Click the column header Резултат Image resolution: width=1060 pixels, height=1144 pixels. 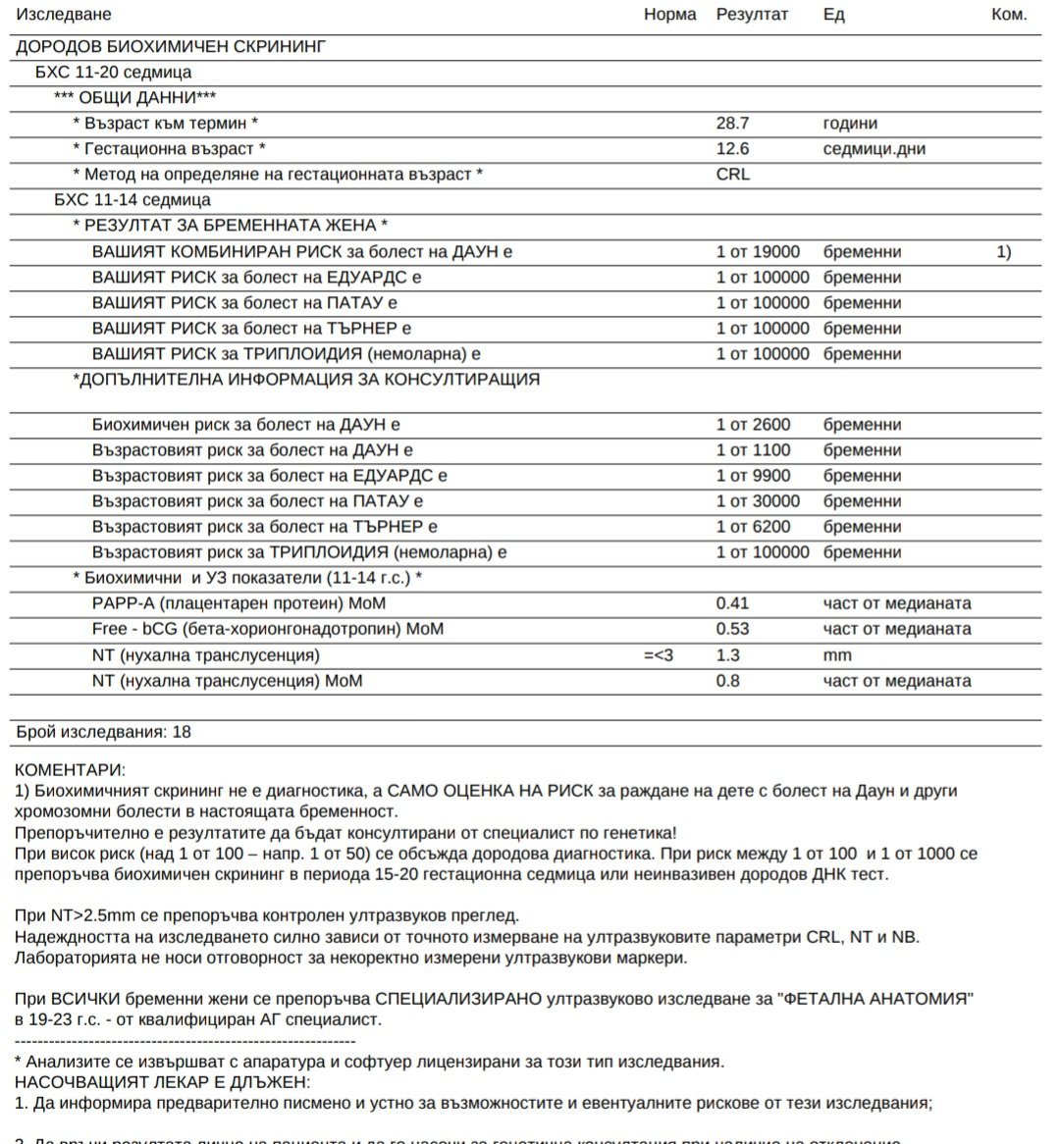[752, 15]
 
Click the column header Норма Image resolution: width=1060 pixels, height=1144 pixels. [669, 15]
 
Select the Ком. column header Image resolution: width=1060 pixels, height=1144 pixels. [1009, 15]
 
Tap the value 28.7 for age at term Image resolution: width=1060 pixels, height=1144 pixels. [732, 124]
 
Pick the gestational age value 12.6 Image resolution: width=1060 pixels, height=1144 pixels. [732, 149]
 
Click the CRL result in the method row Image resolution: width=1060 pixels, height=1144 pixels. [732, 175]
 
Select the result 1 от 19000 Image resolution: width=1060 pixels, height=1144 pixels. [758, 252]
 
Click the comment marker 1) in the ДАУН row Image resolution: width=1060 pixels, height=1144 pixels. [1003, 252]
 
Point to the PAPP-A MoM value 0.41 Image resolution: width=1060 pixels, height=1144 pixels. [732, 603]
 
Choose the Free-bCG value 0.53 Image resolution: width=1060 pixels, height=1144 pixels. [732, 629]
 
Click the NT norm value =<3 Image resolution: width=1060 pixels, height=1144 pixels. [659, 655]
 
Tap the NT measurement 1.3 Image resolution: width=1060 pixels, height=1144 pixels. [728, 655]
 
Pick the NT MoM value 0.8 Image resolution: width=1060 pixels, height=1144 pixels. [728, 681]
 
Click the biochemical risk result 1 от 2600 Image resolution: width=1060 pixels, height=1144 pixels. [753, 425]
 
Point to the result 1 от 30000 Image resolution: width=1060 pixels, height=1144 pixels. [758, 501]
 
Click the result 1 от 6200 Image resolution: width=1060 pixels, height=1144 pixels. [753, 527]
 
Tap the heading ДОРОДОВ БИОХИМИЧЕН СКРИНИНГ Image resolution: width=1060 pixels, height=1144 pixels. [171, 46]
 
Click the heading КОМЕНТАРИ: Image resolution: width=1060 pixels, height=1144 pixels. [71, 771]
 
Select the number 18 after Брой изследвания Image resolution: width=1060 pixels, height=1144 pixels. [182, 732]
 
